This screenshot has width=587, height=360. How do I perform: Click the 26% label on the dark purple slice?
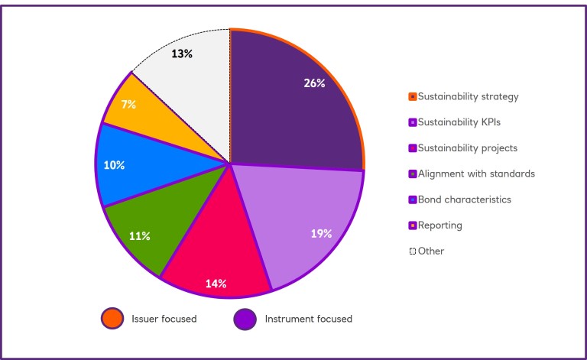(314, 83)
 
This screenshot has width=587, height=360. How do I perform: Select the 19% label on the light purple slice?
(320, 234)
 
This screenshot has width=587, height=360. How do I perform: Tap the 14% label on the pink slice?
(216, 284)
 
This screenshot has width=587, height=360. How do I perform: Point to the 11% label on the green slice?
(139, 236)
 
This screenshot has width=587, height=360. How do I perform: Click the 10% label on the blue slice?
(115, 165)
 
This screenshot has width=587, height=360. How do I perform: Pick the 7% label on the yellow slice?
(129, 102)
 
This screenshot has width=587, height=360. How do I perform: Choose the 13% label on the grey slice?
(182, 54)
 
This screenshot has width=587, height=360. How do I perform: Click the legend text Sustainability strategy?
(468, 96)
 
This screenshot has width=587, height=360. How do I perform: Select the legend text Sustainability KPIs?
(459, 122)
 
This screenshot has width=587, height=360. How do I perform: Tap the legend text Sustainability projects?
(467, 148)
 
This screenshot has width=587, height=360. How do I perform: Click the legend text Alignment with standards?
(475, 174)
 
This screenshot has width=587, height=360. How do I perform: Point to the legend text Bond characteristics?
(464, 199)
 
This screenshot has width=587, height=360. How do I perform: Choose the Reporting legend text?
(439, 225)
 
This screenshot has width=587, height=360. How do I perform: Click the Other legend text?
(430, 251)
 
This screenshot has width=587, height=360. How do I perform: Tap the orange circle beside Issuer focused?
(112, 319)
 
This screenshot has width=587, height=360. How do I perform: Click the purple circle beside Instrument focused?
(245, 319)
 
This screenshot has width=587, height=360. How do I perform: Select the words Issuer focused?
(164, 319)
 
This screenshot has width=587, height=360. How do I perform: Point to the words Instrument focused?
(308, 319)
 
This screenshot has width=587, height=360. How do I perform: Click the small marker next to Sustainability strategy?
(412, 96)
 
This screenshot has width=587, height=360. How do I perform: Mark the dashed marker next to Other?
(412, 251)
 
